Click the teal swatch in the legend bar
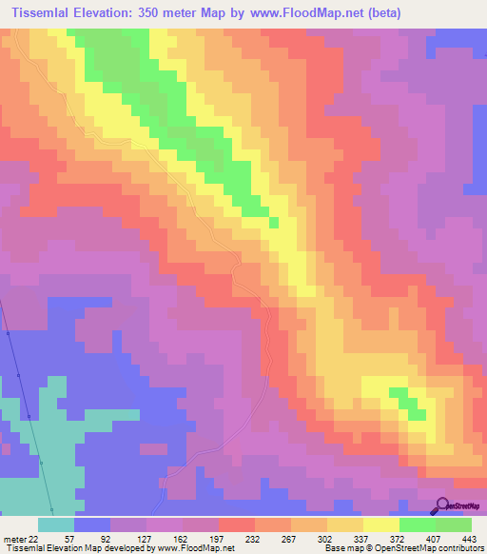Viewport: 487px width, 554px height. [x=56, y=524]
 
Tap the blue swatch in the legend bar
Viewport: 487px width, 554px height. [x=92, y=524]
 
